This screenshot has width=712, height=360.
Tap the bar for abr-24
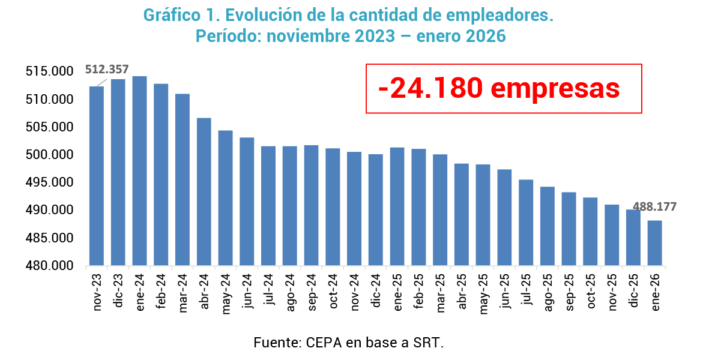(204, 191)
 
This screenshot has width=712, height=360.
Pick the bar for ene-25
(397, 206)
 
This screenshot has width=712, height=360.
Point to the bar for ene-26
(655, 243)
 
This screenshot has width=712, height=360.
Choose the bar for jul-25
(526, 223)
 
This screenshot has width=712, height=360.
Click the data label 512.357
(107, 70)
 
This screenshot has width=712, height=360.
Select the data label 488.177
(654, 207)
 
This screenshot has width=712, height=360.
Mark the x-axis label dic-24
(376, 291)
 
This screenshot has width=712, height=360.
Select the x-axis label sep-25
(569, 291)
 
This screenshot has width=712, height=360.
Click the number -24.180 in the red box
(430, 88)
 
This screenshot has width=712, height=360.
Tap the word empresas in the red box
(555, 88)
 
